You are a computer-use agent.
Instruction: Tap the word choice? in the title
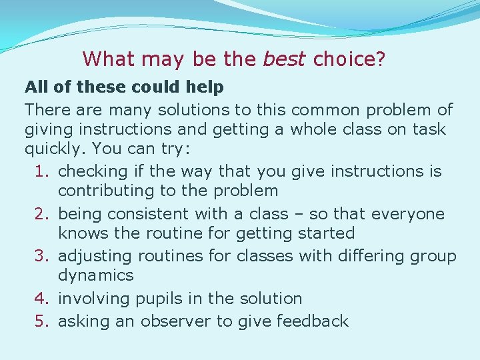point(349,59)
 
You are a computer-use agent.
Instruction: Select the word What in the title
point(109,59)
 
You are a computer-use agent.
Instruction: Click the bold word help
point(206,87)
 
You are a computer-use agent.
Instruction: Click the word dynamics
point(96,275)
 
